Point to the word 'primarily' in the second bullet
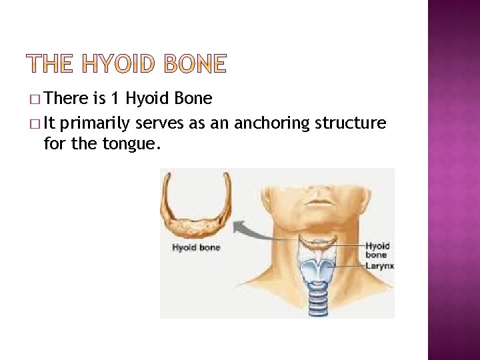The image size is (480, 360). tap(99, 123)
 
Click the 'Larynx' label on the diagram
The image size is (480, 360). tap(380, 265)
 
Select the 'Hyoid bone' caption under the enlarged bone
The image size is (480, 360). tap(196, 248)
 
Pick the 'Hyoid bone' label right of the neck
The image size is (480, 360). tap(377, 250)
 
